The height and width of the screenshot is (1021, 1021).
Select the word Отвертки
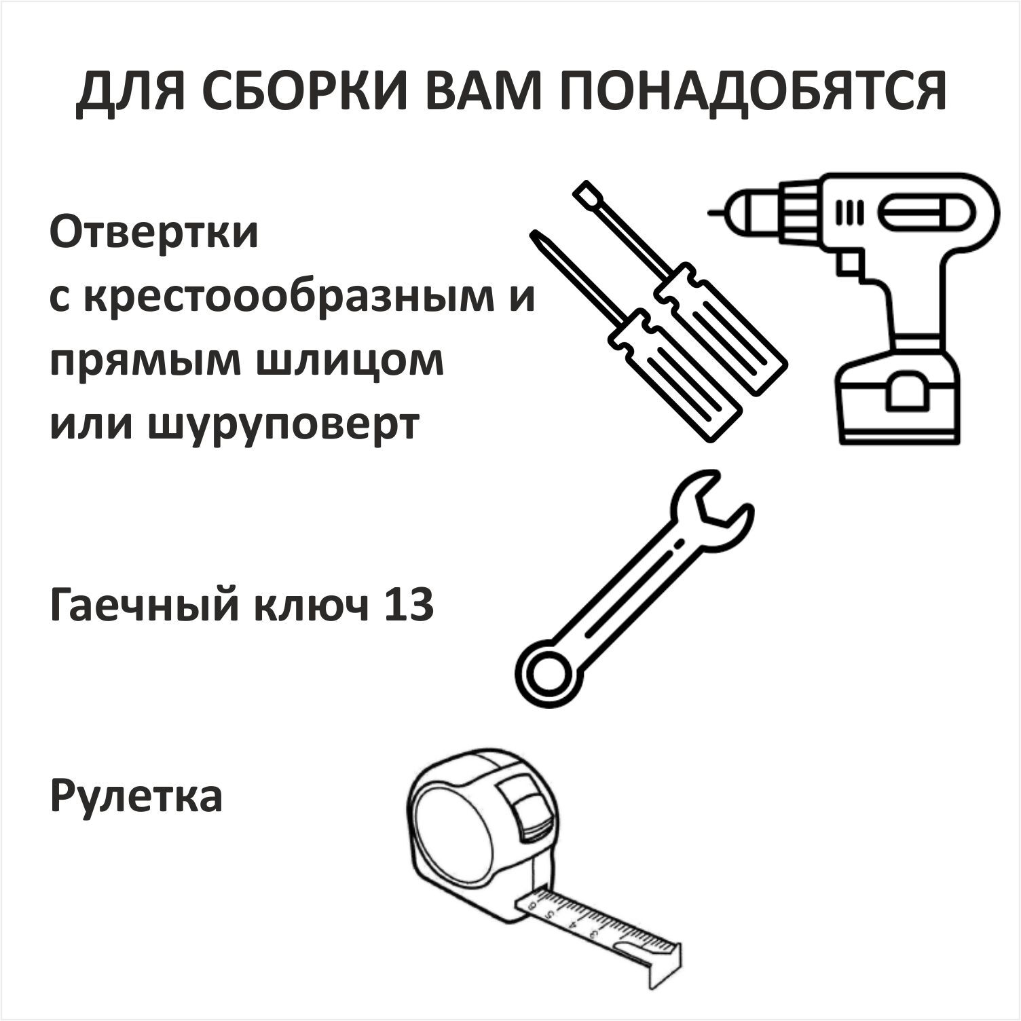tap(154, 233)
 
